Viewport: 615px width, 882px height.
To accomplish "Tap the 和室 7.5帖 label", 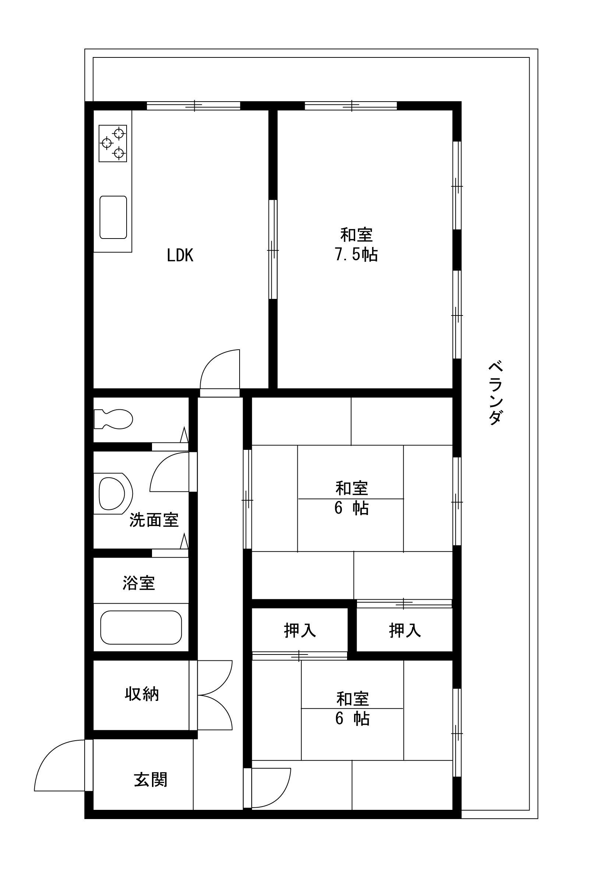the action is tap(356, 245).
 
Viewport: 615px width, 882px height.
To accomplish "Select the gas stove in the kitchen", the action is tap(113, 143).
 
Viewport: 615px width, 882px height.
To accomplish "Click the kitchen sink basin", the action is tap(113, 217).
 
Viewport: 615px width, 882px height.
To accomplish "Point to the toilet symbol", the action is tap(113, 419).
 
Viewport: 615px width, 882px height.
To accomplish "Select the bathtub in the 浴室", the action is tap(141, 627).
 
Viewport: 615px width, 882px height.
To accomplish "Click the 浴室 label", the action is tap(139, 583).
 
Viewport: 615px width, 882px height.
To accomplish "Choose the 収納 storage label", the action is tap(142, 694).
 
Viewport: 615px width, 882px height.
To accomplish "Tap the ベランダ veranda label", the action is tap(495, 392).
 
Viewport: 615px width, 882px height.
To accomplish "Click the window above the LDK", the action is tap(194, 106).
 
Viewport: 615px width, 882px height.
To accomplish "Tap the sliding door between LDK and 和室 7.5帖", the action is tap(273, 249).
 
